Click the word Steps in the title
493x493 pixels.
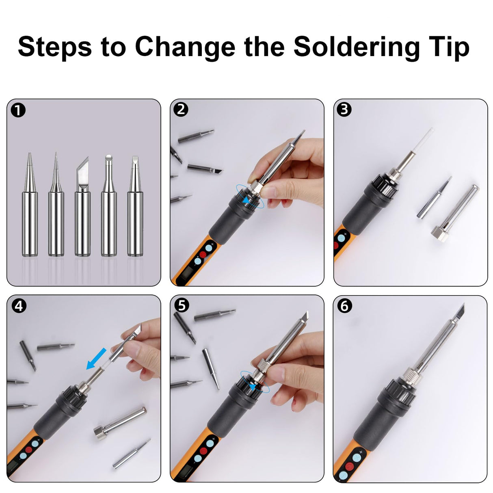55,47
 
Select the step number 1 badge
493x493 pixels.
18,110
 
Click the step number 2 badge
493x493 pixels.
181,110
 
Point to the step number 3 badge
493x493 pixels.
344,110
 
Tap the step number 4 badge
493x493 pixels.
18,306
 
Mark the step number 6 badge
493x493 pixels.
344,306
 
